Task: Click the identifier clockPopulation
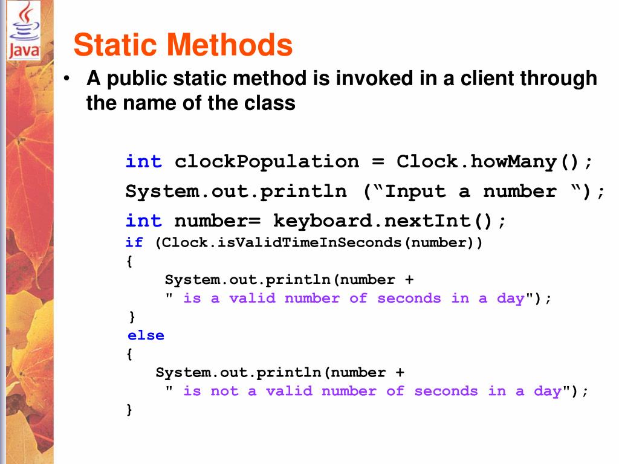tap(267, 162)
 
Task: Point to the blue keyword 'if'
tap(134, 243)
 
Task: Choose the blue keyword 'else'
tap(146, 336)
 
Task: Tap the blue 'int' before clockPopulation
tap(143, 162)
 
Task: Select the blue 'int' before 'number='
tap(143, 221)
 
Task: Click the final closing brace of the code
tap(129, 410)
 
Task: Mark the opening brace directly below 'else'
tap(129, 355)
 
